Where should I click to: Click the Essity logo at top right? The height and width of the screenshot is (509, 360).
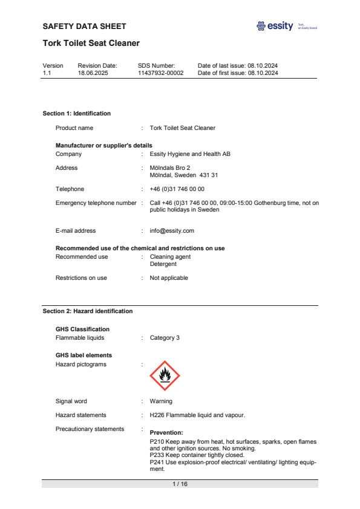tap(275, 26)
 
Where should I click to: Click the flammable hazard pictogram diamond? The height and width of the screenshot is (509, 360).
tap(165, 375)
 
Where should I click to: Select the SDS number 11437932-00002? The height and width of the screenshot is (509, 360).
tap(160, 73)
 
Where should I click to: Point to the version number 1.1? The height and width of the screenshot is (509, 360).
tap(47, 73)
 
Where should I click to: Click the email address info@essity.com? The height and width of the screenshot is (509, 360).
tap(172, 230)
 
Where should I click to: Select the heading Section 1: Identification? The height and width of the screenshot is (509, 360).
tap(76, 113)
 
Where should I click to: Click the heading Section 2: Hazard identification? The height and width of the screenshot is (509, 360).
tap(87, 311)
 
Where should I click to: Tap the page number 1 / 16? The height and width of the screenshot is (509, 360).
tap(180, 484)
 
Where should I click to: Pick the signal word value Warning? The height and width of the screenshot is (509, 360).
tap(161, 401)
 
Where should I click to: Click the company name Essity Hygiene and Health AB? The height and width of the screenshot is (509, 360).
tap(190, 154)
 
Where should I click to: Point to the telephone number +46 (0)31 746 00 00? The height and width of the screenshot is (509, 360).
tap(177, 189)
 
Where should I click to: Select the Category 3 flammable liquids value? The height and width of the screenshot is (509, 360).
tap(165, 338)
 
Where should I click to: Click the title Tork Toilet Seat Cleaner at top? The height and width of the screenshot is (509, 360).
tap(91, 43)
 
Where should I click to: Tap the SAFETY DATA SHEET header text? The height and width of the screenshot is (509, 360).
tap(85, 26)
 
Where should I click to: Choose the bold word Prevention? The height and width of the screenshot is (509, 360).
tap(166, 433)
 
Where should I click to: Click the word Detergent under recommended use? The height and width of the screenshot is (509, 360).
tap(163, 264)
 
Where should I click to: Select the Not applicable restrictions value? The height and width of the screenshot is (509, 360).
tap(169, 278)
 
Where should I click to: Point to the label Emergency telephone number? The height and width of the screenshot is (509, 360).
tap(96, 203)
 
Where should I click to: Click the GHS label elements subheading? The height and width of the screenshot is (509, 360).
tap(83, 355)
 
